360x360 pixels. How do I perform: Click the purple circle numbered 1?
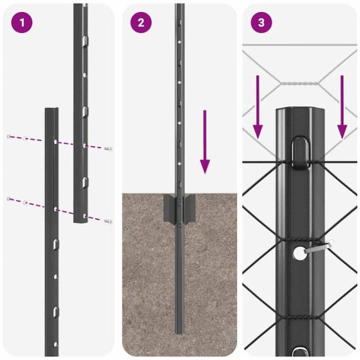coord(23,22)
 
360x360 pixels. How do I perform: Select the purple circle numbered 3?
coord(260,22)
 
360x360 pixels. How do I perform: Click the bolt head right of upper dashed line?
coord(109,149)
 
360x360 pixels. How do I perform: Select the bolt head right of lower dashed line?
coord(109,221)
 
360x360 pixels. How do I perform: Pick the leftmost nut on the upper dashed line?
coord(9,136)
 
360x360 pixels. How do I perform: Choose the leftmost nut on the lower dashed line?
coord(9,198)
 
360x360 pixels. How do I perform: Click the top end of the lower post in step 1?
coord(52,110)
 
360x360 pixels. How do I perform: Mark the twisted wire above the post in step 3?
coord(300,84)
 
